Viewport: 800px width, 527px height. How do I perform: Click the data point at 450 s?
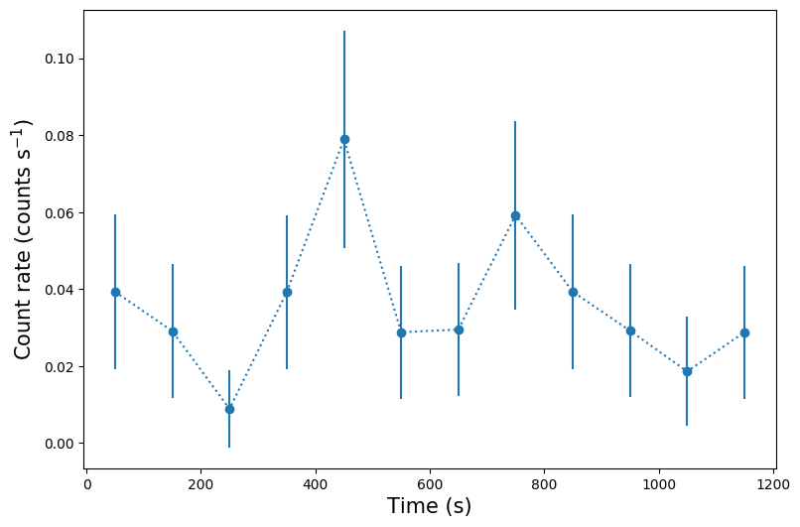[344, 139]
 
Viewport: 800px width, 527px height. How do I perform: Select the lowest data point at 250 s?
[229, 409]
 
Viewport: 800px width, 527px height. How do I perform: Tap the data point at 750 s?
[515, 215]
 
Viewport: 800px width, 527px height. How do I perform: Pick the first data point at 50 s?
[115, 292]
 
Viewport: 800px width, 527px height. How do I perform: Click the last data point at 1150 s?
[744, 332]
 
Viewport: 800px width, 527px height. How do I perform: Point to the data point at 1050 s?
[687, 371]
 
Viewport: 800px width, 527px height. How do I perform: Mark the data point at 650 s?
[459, 329]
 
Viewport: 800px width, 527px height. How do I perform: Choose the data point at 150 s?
[173, 331]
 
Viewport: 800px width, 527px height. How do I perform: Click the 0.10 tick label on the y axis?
[59, 59]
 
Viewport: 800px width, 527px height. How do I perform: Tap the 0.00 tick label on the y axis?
[59, 444]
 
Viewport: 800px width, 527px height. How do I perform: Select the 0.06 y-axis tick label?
[59, 212]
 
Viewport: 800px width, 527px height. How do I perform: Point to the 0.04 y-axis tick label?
[59, 290]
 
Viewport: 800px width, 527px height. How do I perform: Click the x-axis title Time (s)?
[429, 506]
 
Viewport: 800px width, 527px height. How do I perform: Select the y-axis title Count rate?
[23, 238]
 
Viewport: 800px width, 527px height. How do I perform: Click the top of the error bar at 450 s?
[344, 32]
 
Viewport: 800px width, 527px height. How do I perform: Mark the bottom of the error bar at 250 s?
[229, 447]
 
